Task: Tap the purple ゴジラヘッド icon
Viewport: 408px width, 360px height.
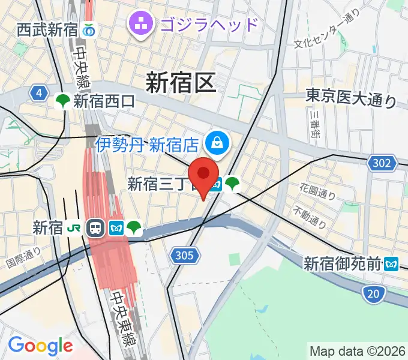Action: click(x=142, y=24)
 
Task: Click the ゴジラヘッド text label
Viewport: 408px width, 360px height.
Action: click(x=208, y=25)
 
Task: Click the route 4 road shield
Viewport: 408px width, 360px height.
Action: click(x=40, y=93)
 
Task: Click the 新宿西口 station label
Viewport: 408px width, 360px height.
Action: click(x=104, y=102)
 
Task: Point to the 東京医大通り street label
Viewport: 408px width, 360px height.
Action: click(x=351, y=97)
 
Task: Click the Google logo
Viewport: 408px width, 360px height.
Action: click(x=40, y=346)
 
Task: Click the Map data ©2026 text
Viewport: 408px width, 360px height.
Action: click(x=357, y=351)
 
